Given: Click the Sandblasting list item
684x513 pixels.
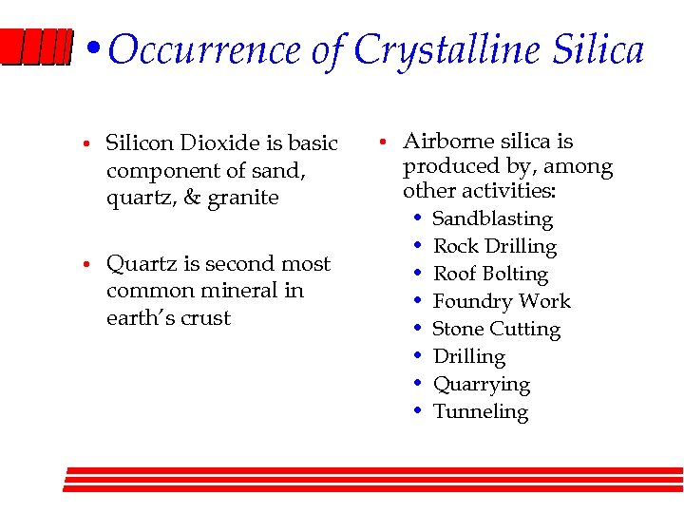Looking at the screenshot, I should tap(492, 218).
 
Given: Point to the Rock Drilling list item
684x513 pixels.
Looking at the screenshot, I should tap(494, 246).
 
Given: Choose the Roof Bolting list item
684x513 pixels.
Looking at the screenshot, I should tap(490, 274).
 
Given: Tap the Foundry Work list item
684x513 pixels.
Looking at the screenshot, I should tap(502, 301).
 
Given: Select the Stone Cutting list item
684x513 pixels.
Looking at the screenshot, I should tap(496, 329).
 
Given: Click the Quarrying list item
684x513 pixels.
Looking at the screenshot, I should tap(482, 384).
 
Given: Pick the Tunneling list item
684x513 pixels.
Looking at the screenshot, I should tap(481, 411).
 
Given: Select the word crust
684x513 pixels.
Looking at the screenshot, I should tap(206, 318).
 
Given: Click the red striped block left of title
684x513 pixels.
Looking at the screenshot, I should tap(36, 48).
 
